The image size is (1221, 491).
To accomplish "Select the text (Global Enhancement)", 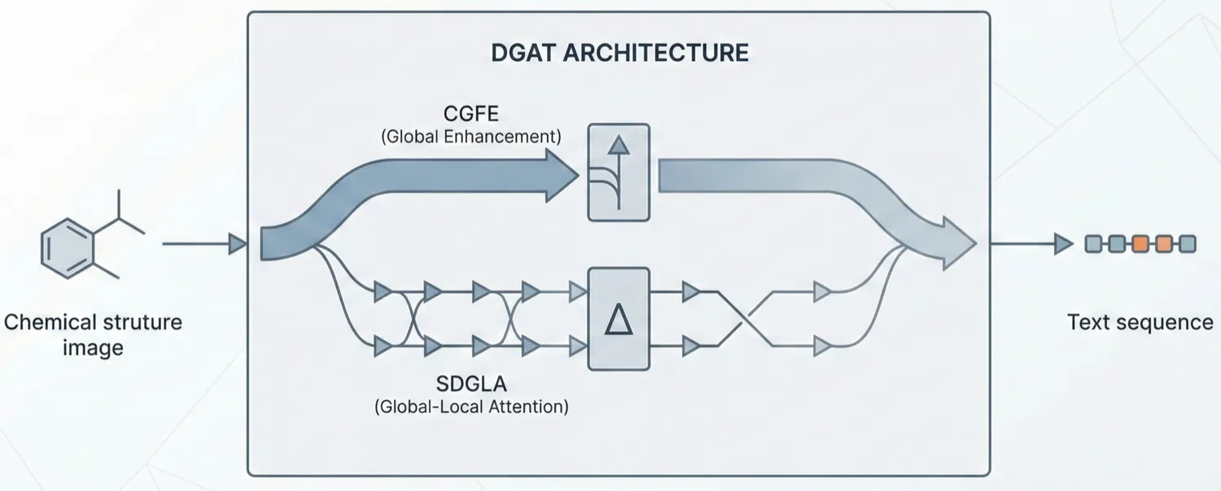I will point(470,137).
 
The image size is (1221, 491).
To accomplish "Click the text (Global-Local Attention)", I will point(470,406).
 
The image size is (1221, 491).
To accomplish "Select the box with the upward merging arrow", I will point(619,172).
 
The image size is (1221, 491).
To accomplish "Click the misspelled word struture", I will point(135,322).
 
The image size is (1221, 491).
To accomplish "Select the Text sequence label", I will point(1140,322).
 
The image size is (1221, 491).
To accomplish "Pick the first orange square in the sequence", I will point(1140,243).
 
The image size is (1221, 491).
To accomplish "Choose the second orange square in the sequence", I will point(1164,243).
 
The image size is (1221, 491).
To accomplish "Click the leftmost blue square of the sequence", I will point(1093,243).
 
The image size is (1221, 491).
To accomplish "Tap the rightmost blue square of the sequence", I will point(1188,243).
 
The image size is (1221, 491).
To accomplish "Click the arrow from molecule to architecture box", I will point(203,243).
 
